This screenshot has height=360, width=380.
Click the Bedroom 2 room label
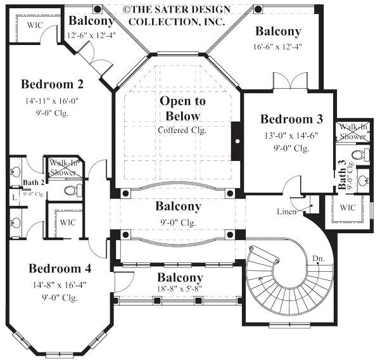coord(52,84)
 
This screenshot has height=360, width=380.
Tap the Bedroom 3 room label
coord(291,119)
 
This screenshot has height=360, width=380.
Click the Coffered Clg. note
coord(182,130)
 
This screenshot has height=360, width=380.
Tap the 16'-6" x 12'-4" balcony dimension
coord(278,46)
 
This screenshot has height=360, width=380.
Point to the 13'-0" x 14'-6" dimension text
coord(292,135)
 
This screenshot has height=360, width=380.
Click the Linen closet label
coord(286,211)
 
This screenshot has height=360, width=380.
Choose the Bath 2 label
coord(33,183)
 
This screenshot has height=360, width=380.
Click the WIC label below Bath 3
coord(348,207)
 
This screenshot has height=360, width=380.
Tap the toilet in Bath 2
coord(70,190)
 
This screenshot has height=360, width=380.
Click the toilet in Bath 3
coord(358,155)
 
